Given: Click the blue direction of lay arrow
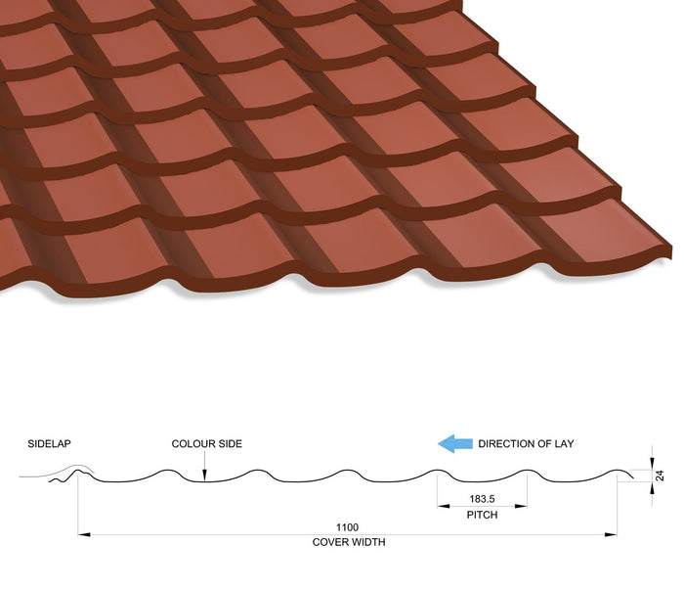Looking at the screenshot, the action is (x=455, y=443).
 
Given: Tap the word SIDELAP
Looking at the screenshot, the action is (x=49, y=443).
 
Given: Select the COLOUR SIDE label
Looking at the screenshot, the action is (x=207, y=443).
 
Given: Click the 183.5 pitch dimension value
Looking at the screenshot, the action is (x=482, y=499).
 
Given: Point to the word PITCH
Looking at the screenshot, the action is (x=482, y=515).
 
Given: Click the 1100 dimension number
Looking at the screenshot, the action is (x=347, y=527).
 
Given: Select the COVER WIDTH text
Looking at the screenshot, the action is (x=349, y=542).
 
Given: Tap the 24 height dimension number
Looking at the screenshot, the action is (x=660, y=476).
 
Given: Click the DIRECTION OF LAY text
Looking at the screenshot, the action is (x=526, y=443).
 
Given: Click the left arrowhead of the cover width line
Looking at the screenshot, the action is (x=84, y=534).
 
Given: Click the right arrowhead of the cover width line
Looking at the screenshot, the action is (x=611, y=534).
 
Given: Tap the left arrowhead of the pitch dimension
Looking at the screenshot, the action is (x=444, y=506).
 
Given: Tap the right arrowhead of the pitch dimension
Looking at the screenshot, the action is (x=521, y=506).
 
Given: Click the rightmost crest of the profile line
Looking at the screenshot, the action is (x=616, y=471).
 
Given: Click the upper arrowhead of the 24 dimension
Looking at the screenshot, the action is (x=652, y=464).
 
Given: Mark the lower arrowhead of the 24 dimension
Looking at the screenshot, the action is (x=652, y=488).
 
